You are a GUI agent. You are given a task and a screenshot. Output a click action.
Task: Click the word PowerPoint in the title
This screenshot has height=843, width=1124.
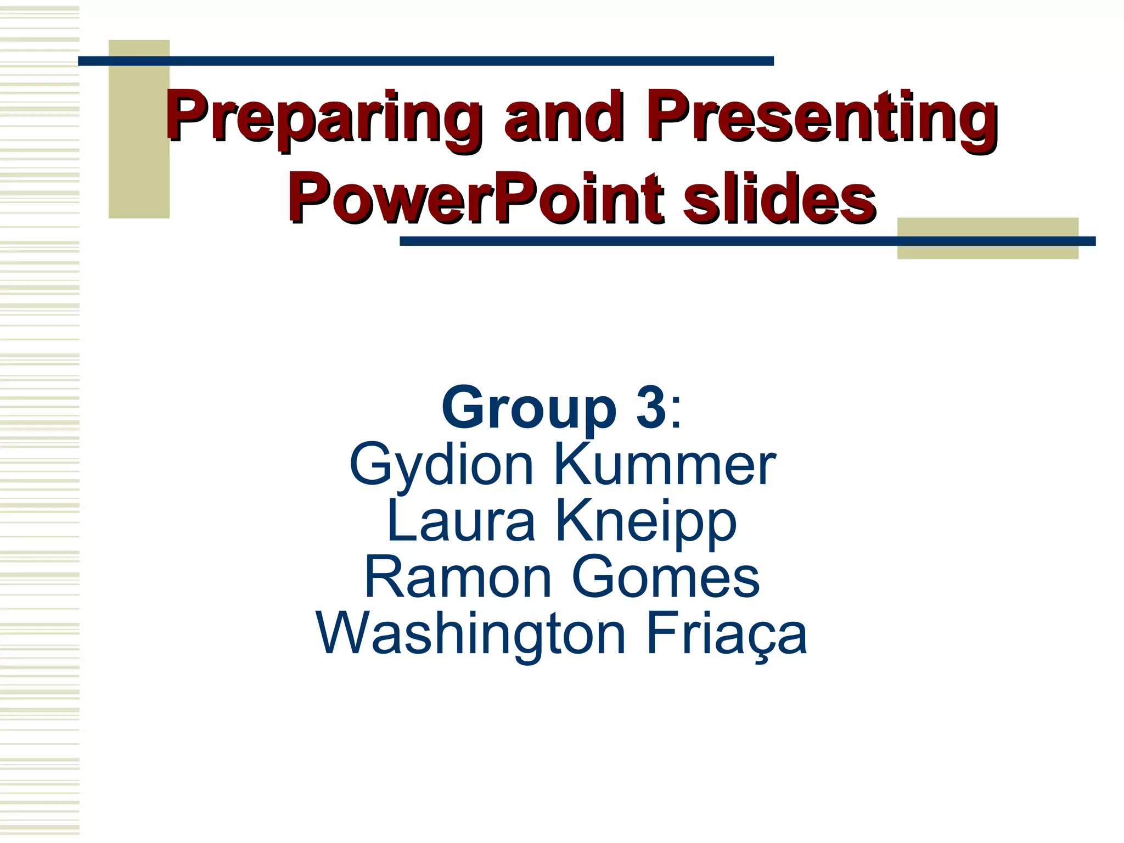click(x=476, y=198)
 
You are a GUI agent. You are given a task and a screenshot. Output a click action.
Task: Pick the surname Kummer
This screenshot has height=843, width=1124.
click(x=665, y=465)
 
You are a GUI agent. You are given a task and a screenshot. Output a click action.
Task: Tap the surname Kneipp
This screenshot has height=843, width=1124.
click(x=646, y=522)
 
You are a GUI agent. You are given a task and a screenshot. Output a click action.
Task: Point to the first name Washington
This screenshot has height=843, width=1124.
click(x=471, y=634)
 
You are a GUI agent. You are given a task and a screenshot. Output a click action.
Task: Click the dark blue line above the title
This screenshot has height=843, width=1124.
click(x=425, y=61)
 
